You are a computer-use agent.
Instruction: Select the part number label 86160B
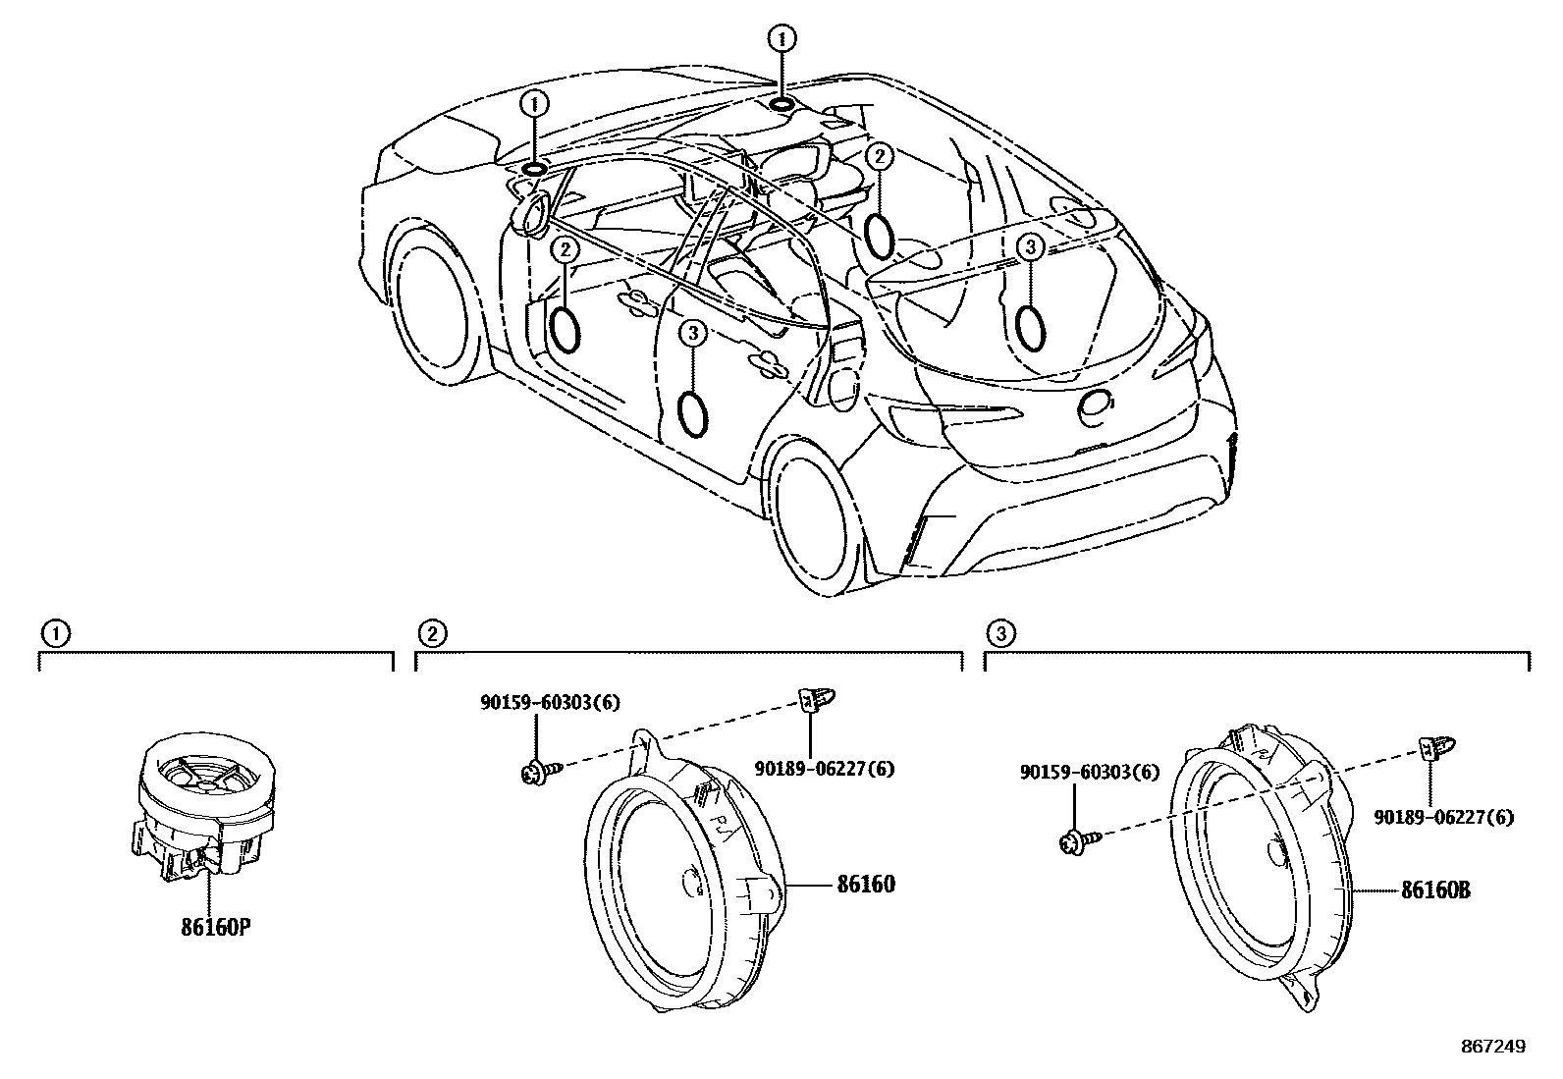point(1434,890)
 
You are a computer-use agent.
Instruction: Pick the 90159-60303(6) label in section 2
point(550,702)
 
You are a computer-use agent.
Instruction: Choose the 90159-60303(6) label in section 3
point(1089,773)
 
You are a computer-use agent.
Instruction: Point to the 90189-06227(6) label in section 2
point(825,769)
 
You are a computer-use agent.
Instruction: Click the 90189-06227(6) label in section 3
point(1444,817)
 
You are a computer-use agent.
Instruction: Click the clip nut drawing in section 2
point(812,699)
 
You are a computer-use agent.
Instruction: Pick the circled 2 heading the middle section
point(430,632)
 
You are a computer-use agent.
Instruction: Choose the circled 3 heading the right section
point(999,632)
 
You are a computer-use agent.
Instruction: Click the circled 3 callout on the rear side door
point(692,335)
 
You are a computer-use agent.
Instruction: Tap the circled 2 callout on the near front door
point(565,250)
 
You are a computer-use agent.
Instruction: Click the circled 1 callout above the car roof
point(781,39)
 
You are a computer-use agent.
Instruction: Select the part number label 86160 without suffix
point(865,884)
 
